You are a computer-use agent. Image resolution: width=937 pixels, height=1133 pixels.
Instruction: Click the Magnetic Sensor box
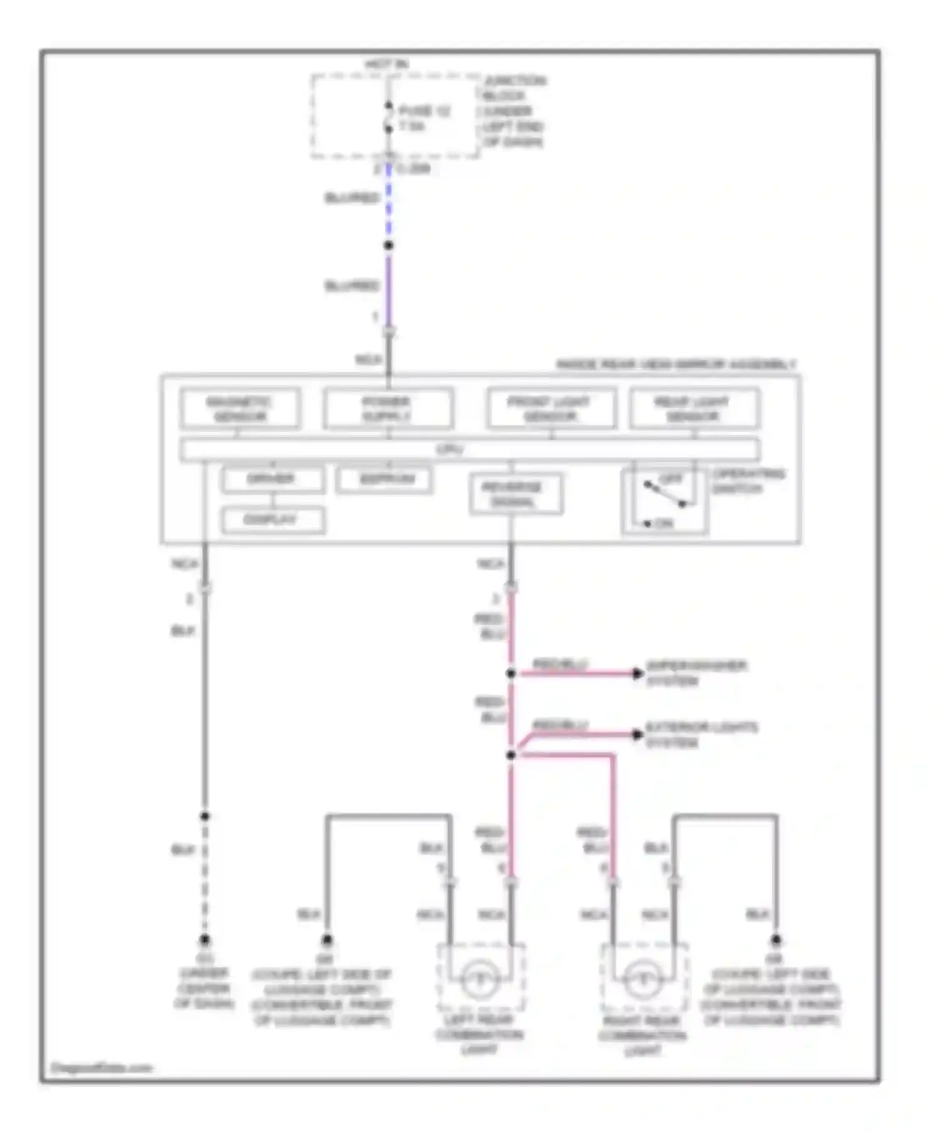tap(240, 408)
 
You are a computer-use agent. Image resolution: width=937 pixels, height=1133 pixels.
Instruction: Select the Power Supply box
tap(388, 408)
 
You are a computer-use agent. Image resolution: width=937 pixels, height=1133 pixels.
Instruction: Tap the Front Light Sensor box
tap(551, 408)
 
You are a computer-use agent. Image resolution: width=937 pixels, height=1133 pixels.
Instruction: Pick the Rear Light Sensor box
tap(694, 408)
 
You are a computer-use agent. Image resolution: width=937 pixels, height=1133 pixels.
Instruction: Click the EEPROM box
tap(384, 480)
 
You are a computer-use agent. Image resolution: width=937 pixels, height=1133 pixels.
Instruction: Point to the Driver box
tap(272, 480)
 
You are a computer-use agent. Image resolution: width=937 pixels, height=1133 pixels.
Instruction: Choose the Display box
tap(272, 520)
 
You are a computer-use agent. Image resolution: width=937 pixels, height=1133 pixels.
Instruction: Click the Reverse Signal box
tap(515, 494)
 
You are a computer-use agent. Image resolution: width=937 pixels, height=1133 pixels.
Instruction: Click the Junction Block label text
tap(513, 111)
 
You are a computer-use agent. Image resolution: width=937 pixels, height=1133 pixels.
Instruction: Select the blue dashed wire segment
tap(389, 200)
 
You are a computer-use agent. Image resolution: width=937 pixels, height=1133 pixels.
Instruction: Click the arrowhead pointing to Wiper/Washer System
tap(637, 673)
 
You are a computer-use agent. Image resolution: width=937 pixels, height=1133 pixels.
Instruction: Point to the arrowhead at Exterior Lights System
tap(637, 735)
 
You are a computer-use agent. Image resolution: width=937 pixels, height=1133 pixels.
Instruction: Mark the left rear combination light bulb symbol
tap(480, 979)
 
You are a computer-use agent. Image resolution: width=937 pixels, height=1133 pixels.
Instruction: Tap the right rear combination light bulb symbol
tap(643, 979)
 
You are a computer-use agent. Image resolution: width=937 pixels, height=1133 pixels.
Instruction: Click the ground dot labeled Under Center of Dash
tap(205, 940)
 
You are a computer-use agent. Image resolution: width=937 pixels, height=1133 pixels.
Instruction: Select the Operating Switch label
tap(748, 481)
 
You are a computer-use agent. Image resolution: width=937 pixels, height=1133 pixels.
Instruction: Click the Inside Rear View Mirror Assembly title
tap(676, 364)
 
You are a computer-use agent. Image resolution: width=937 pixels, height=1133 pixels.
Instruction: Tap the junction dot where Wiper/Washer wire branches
tap(511, 673)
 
